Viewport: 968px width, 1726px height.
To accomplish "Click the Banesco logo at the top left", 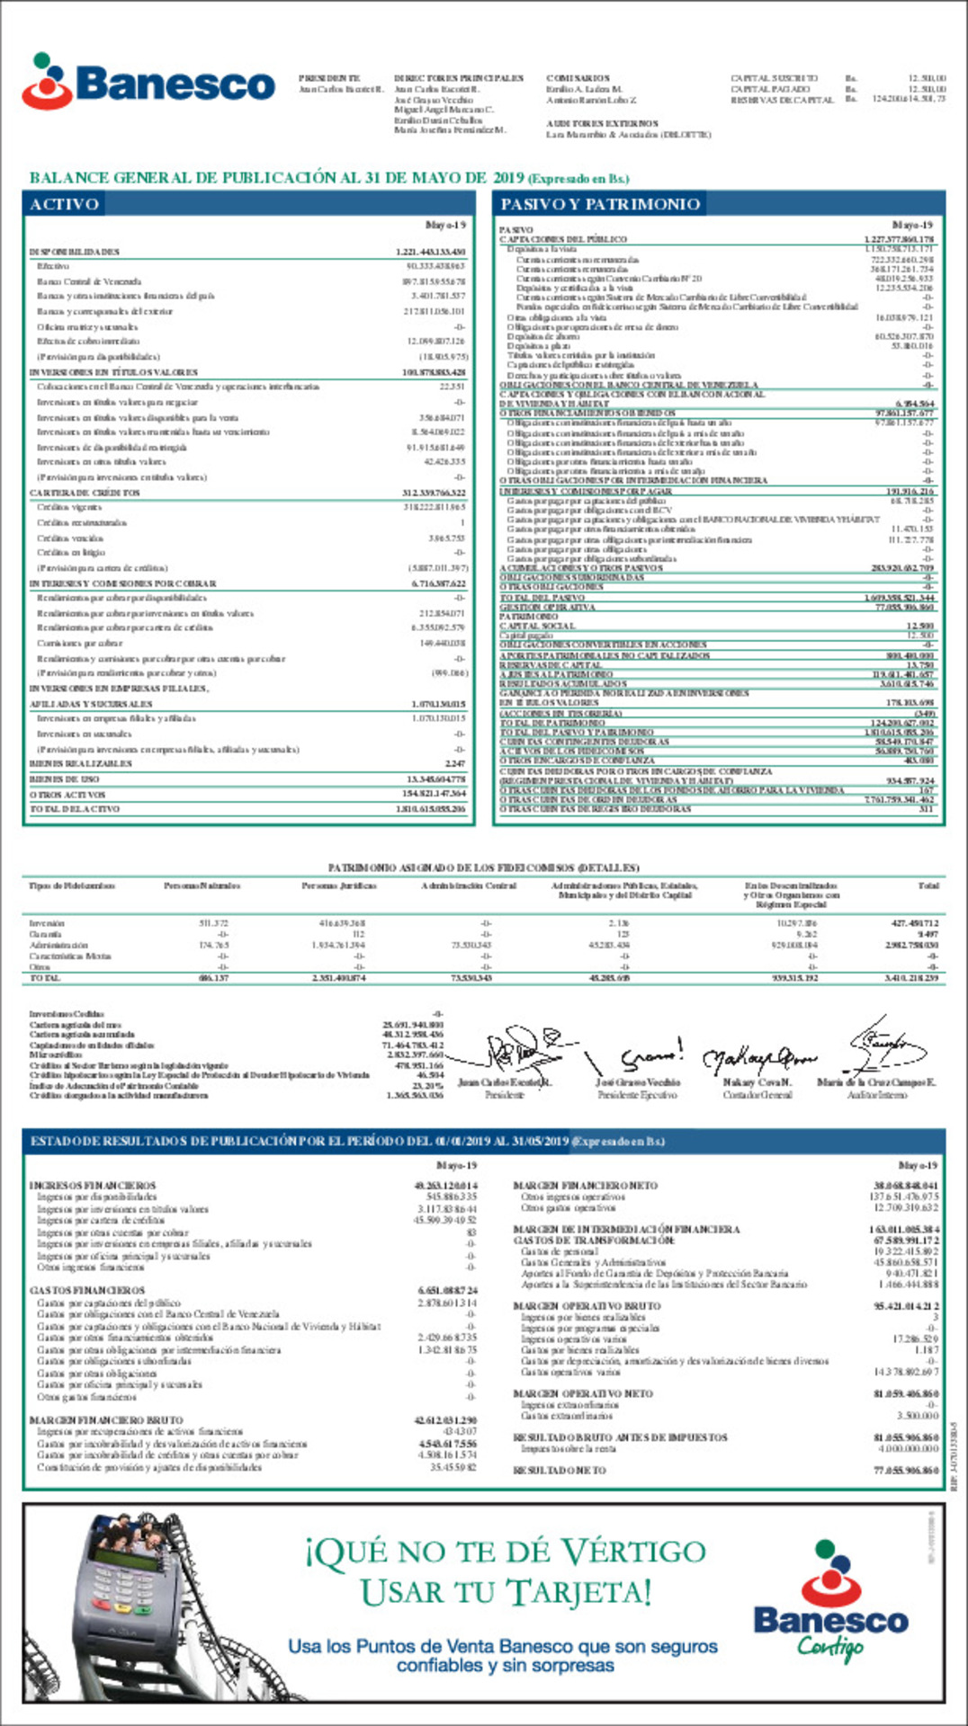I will coord(148,82).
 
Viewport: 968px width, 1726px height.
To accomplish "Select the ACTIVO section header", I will coord(64,204).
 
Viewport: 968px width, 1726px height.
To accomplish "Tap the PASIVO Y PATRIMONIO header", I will coord(600,204).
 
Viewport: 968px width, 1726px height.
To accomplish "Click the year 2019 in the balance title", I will coord(508,177).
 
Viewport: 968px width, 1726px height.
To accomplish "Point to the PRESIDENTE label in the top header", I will coord(329,78).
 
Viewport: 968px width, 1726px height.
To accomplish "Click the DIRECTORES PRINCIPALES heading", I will coord(459,78).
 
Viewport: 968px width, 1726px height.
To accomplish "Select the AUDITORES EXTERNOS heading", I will coord(602,123).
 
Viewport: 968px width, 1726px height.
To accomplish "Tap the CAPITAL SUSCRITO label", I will coord(774,78).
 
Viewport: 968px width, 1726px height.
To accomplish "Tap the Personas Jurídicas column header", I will coord(338,885).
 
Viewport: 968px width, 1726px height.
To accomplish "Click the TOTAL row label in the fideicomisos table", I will coord(45,977).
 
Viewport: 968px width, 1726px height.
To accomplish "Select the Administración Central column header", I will coord(469,885).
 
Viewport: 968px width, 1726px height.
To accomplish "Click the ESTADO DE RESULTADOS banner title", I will coord(347,1141).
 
